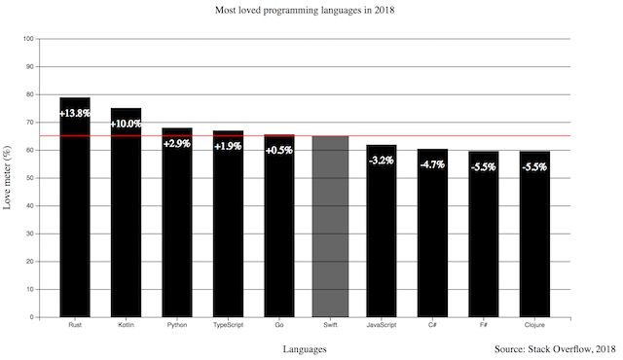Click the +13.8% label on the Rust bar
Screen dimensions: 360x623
click(75, 114)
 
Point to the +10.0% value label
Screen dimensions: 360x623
click(126, 125)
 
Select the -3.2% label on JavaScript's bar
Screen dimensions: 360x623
click(382, 160)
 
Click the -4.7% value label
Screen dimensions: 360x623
click(432, 164)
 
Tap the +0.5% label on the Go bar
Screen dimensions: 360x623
click(279, 150)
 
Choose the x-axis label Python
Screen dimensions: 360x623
click(177, 325)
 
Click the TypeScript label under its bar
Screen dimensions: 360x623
click(228, 325)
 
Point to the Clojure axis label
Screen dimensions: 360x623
click(534, 325)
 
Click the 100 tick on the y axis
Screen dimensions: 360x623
click(28, 39)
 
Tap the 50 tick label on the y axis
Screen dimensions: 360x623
click(30, 178)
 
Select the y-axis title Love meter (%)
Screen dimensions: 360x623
click(9, 178)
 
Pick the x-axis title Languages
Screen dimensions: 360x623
click(305, 348)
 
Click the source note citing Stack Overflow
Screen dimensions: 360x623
click(555, 348)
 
